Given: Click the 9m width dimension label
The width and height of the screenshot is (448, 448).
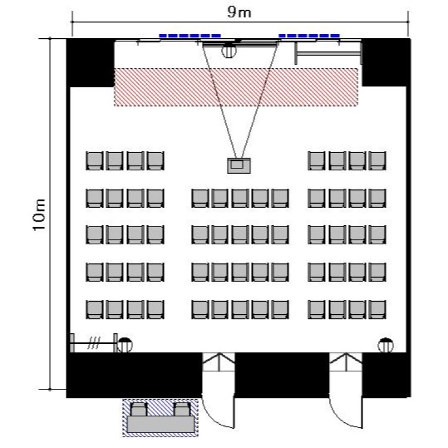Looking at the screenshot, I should tap(241, 13).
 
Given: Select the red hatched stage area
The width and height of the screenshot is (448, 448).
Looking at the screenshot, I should tap(236, 87).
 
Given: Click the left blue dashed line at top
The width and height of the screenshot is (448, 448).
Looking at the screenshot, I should tap(190, 36).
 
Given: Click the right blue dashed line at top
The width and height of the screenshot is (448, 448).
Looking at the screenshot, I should tap(309, 36).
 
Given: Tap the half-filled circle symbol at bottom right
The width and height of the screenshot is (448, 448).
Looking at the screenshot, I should tap(386, 345).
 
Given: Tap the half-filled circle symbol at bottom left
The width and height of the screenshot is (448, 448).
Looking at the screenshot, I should tap(124, 345).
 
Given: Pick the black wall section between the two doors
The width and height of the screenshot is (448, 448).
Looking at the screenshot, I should tap(283, 375).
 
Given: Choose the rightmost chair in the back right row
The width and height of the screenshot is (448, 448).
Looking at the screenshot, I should tap(378, 309).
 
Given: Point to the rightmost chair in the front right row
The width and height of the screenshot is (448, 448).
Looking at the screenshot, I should tap(378, 161).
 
